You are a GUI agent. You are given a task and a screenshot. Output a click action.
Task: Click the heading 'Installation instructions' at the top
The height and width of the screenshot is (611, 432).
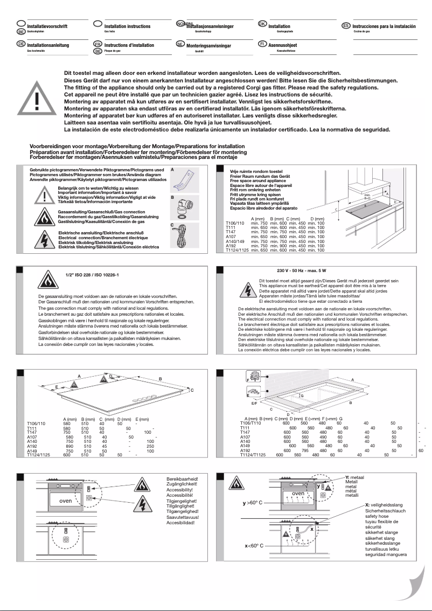click(127, 26)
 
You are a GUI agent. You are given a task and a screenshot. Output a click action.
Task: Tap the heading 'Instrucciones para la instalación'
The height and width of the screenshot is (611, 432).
click(384, 26)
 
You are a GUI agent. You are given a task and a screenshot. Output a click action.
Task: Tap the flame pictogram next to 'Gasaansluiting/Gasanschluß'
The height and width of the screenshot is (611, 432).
click(43, 217)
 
